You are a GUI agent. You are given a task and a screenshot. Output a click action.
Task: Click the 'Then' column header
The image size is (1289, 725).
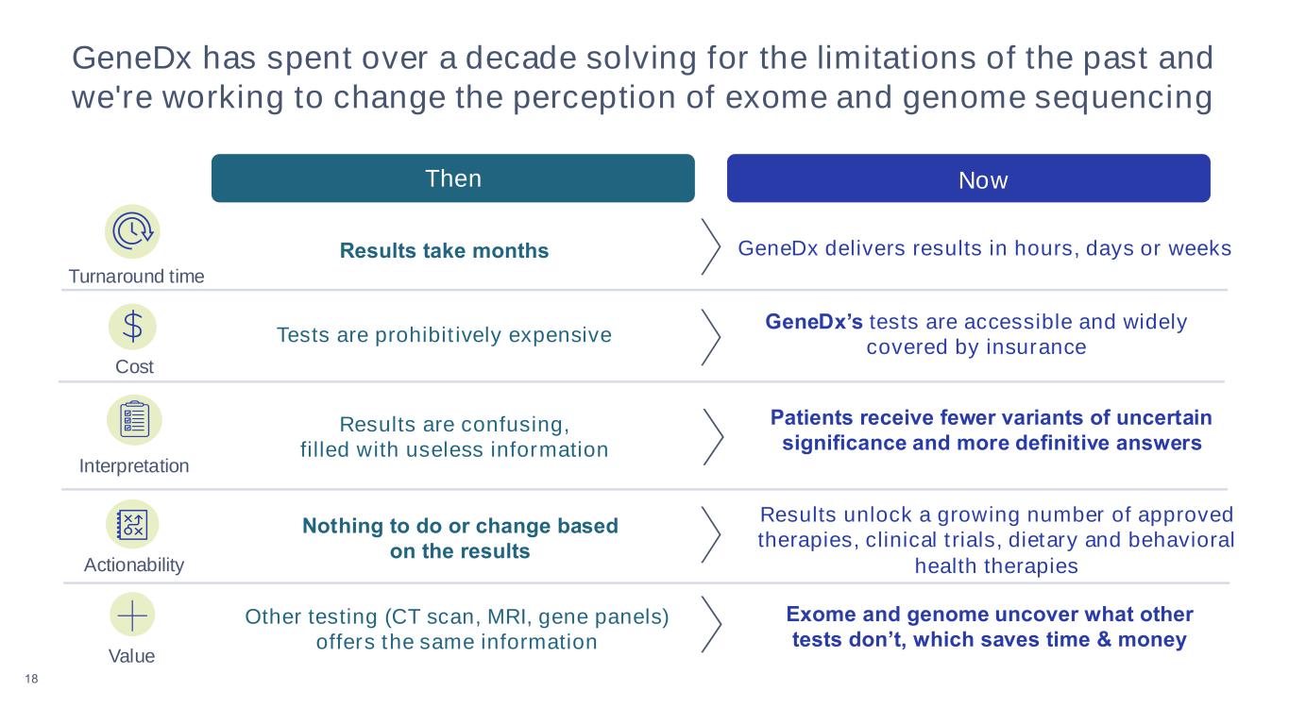pos(452,178)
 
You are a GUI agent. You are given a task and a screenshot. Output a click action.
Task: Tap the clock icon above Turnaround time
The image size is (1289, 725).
pos(132,231)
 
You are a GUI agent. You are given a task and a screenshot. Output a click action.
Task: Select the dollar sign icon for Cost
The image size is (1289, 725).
pos(133,327)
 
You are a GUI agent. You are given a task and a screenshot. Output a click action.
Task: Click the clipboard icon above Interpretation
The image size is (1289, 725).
pos(134,420)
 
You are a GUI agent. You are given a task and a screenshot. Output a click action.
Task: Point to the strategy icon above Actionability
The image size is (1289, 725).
pos(132,524)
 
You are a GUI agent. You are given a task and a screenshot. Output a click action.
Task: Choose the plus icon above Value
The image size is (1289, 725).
pos(132,615)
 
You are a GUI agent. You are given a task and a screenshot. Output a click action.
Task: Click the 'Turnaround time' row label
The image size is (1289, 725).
pos(136,277)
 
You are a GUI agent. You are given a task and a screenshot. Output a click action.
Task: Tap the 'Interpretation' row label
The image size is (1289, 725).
pos(133,466)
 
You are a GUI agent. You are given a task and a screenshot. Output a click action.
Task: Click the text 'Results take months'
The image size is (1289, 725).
pos(444,251)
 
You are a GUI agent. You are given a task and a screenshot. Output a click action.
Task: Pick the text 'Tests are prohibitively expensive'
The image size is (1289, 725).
pos(444,335)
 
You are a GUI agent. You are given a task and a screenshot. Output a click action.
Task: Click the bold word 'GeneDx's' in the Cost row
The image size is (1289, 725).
pos(813,322)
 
